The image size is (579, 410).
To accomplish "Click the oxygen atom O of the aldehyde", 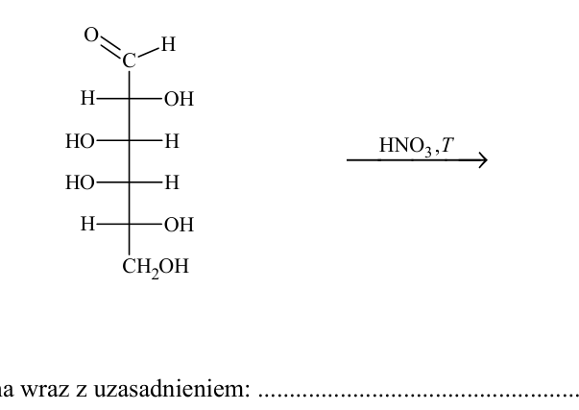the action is pyautogui.click(x=91, y=36).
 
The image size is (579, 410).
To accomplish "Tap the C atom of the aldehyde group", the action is pyautogui.click(x=130, y=60).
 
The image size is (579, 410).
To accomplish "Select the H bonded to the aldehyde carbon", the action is pyautogui.click(x=168, y=44).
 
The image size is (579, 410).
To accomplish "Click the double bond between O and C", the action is pyautogui.click(x=110, y=47).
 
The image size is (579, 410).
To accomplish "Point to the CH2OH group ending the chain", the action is pyautogui.click(x=156, y=267).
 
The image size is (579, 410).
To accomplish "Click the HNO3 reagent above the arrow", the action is pyautogui.click(x=405, y=146).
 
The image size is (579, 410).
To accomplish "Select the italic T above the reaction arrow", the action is pyautogui.click(x=447, y=145).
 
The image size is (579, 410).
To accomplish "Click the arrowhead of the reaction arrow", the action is pyautogui.click(x=482, y=160).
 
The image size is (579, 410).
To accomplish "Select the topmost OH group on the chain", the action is pyautogui.click(x=180, y=99).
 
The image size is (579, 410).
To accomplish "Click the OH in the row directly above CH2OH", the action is pyautogui.click(x=180, y=225).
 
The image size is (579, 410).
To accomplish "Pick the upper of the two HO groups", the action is pyautogui.click(x=80, y=141).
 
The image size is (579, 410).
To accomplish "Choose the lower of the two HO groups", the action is pyautogui.click(x=80, y=182).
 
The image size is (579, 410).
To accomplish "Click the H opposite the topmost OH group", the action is pyautogui.click(x=88, y=99).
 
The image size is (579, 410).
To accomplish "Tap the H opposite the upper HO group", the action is pyautogui.click(x=172, y=141).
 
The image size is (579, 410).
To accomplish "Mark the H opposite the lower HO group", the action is pyautogui.click(x=172, y=182).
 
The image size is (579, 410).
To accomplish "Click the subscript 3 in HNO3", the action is pyautogui.click(x=427, y=152).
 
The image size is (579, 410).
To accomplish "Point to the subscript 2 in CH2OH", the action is pyautogui.click(x=155, y=274).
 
